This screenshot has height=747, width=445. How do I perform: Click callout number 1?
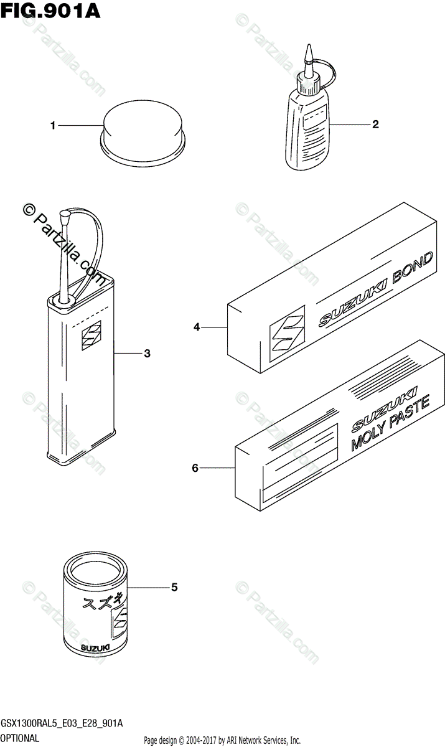[x=54, y=126]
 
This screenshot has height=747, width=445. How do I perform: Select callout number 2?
[x=375, y=124]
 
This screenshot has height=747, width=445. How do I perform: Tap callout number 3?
[x=147, y=354]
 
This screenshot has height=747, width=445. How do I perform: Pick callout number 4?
[x=196, y=326]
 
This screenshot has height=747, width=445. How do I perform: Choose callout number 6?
[x=195, y=467]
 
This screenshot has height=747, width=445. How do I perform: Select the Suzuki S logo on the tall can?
[x=91, y=336]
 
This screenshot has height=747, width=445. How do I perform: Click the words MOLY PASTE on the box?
[x=382, y=424]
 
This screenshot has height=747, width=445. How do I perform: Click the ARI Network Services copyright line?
[x=222, y=740]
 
